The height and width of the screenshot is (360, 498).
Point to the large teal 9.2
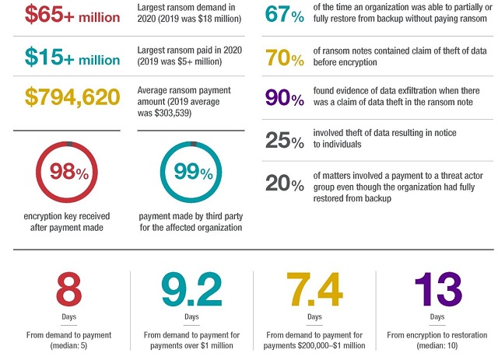tap(191, 291)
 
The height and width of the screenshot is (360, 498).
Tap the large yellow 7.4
tap(314, 291)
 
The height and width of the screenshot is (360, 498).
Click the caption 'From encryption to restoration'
tap(439, 335)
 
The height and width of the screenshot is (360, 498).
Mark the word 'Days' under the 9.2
tap(191, 317)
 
